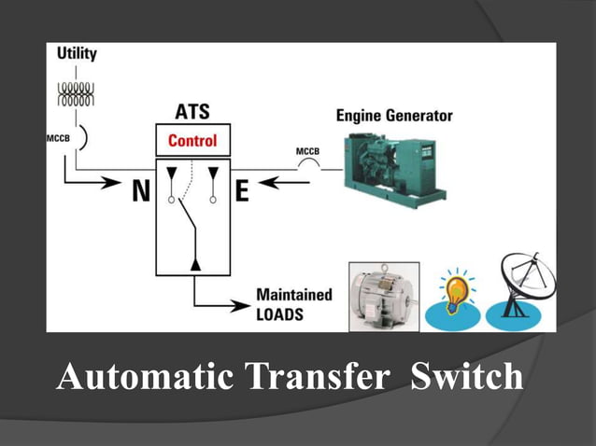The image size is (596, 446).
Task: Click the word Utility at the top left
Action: point(77,54)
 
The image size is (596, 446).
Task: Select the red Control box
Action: point(192,141)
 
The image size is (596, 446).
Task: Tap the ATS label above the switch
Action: point(192,113)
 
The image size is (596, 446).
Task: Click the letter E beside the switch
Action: point(242,191)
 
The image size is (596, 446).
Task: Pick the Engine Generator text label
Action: point(393,116)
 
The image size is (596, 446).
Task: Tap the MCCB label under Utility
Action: point(58,139)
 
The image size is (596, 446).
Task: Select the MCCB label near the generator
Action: point(307,151)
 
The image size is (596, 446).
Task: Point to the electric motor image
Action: point(383,296)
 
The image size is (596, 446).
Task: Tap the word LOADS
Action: point(279,314)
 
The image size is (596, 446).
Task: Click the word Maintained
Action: point(293,296)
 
